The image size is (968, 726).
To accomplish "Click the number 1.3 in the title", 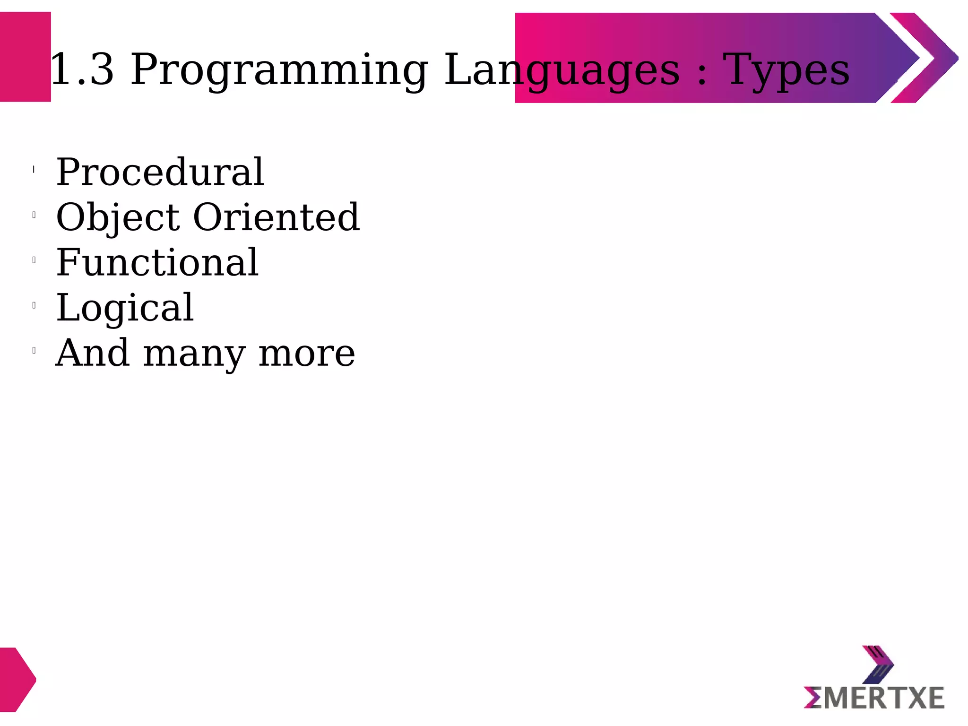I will (x=82, y=70).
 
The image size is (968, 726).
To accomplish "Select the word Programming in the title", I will (x=279, y=70).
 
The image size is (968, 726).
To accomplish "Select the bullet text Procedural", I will (x=160, y=172).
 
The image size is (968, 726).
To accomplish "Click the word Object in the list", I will (x=118, y=217).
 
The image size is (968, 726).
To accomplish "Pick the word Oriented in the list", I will (x=277, y=217).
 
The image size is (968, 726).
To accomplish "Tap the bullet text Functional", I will (x=157, y=262).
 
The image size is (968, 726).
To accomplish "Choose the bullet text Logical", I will (x=125, y=308).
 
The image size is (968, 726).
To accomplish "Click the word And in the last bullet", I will (x=93, y=353).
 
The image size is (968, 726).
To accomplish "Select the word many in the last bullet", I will (x=194, y=354).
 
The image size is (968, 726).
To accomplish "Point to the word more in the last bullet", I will (x=307, y=354).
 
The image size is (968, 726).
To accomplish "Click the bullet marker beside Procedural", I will (x=34, y=169).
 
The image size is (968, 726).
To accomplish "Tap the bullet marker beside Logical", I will (x=34, y=305).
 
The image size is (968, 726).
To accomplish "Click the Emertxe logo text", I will (x=874, y=698).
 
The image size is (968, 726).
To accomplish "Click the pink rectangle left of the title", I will (x=25, y=57).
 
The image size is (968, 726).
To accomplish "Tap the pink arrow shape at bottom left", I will (x=17, y=679).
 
